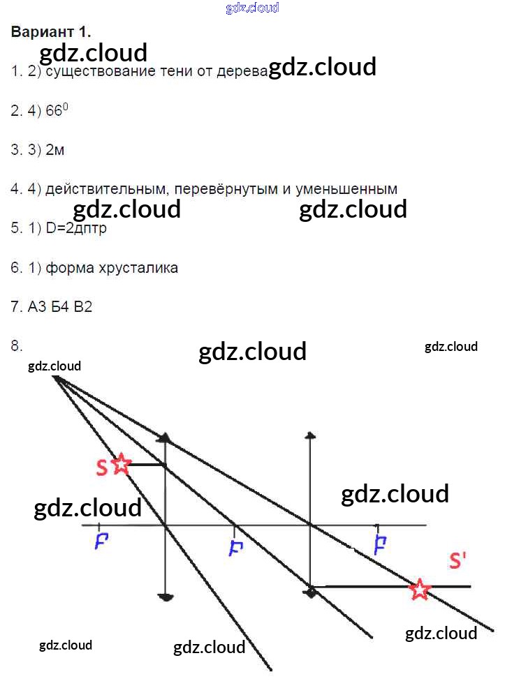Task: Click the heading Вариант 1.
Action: [51, 32]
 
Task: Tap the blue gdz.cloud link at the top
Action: [252, 8]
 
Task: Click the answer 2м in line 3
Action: [54, 149]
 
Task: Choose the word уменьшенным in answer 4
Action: [346, 189]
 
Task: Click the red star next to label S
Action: [122, 464]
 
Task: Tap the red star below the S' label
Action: [419, 589]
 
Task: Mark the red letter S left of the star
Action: [102, 467]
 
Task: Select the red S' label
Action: [458, 561]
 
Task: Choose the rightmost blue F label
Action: [380, 544]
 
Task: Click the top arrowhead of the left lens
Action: [165, 438]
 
